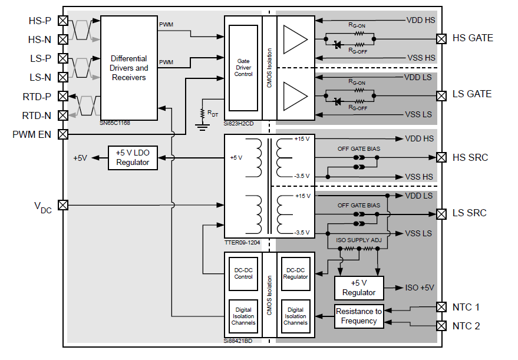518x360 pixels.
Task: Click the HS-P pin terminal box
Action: (x=63, y=21)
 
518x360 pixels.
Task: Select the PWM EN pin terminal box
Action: (x=63, y=134)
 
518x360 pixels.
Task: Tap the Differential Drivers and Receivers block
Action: (x=129, y=68)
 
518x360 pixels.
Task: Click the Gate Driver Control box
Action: (x=243, y=68)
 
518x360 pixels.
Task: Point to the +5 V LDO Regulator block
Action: (x=133, y=157)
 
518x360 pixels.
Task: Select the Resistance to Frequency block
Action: (x=358, y=316)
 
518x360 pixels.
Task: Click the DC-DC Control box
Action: (x=243, y=273)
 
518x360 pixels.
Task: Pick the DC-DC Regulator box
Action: (x=295, y=273)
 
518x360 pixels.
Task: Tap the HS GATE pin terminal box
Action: (x=440, y=39)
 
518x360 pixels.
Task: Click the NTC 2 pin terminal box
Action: (x=440, y=326)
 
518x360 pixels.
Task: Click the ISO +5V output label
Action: (x=420, y=288)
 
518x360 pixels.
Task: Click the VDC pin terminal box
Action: (x=63, y=205)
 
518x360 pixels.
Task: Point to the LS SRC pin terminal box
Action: (x=440, y=213)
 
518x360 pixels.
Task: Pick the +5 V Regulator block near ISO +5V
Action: (x=359, y=288)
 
